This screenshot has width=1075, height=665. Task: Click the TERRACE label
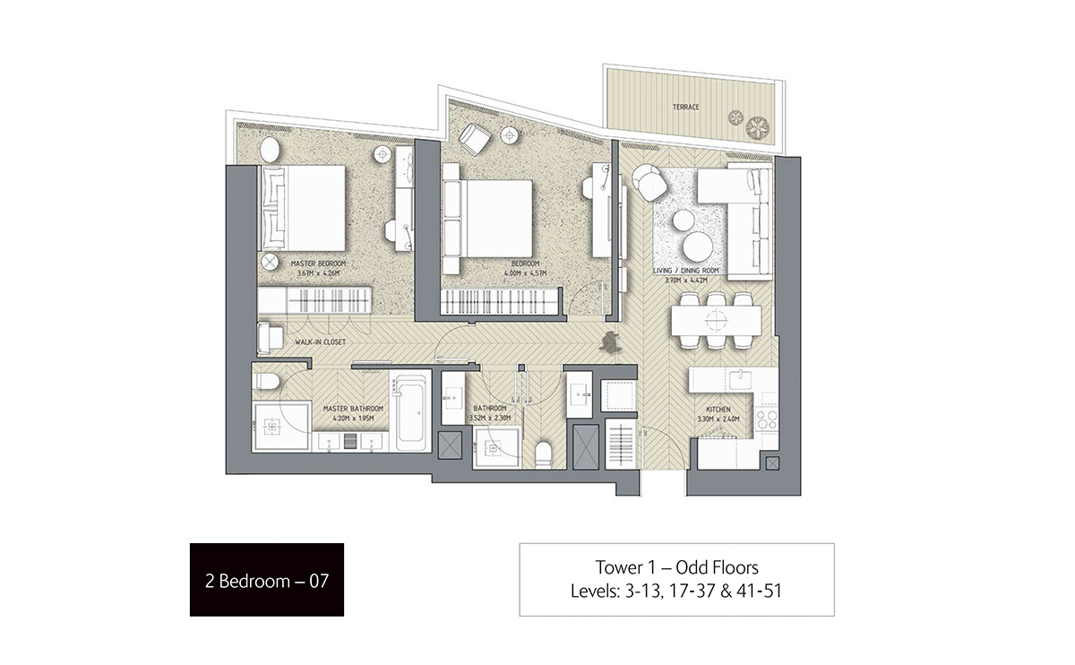click(686, 108)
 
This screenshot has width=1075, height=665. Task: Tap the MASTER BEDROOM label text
click(317, 263)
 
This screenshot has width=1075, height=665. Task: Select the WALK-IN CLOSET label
click(321, 342)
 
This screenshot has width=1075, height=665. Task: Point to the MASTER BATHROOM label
click(353, 409)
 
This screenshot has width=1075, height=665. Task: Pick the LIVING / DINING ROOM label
click(686, 270)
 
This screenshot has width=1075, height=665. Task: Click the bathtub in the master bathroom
click(413, 413)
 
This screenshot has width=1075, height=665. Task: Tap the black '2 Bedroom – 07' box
click(267, 580)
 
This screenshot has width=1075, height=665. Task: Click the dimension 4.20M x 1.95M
click(353, 419)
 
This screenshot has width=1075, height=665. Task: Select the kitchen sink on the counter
click(739, 379)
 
